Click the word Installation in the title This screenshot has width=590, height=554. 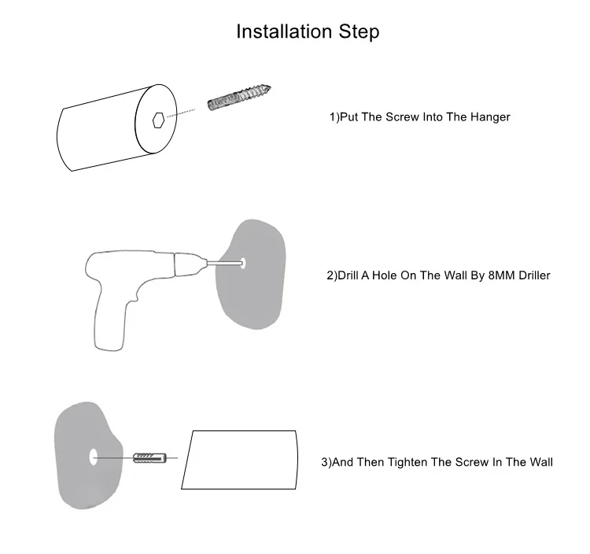coord(284,31)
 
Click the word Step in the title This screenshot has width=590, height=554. coord(359,32)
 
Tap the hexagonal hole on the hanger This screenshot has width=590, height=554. coord(158,120)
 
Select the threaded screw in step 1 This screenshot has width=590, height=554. coord(239,97)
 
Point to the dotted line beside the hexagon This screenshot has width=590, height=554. coord(181,113)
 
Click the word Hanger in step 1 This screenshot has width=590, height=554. coord(490,117)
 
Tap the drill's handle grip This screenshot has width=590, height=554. coord(110,320)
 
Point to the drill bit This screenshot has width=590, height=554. coord(225,264)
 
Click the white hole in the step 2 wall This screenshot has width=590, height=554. coord(243,263)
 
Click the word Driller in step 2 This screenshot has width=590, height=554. coord(534,275)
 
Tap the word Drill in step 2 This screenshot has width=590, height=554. coord(348,275)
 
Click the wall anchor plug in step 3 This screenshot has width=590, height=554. coord(149,458)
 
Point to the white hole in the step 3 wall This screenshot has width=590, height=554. coord(93,456)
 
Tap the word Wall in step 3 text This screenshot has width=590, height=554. coord(540,462)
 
